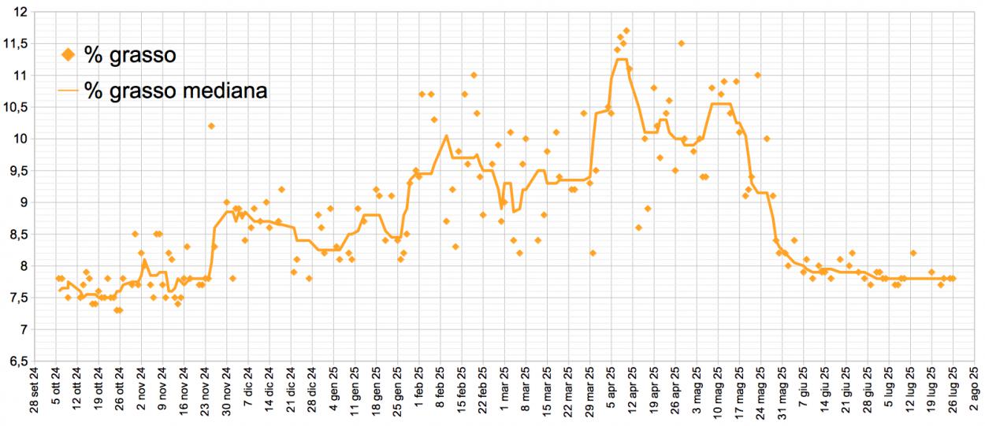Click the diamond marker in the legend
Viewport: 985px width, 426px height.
[x=69, y=54]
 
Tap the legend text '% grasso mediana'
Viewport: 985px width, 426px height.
[x=176, y=91]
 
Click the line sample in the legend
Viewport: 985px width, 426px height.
[x=69, y=91]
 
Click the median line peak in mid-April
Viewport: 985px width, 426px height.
[x=621, y=59]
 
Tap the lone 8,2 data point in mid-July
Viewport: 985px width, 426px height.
[x=913, y=253]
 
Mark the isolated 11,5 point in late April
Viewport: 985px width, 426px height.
[x=681, y=43]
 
